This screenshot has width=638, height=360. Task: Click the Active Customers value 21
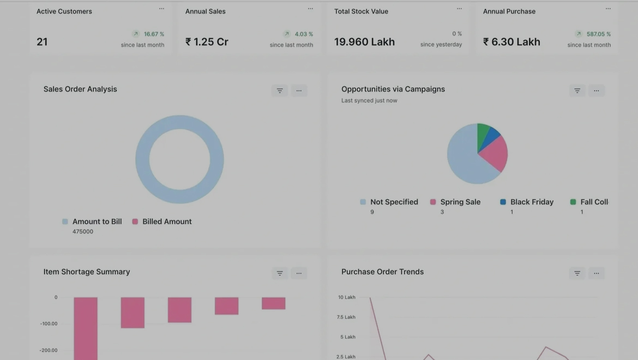point(42,42)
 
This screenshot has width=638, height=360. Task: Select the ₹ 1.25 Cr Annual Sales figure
point(207,42)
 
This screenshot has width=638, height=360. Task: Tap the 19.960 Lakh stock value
point(364,42)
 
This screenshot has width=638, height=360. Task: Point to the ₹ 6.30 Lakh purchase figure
point(511,42)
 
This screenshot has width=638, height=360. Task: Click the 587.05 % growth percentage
point(598,34)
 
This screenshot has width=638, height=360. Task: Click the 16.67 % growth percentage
point(154,34)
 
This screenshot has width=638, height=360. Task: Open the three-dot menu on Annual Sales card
point(310,9)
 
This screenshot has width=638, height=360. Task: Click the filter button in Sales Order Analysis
point(280,91)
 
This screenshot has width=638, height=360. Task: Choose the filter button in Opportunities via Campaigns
point(577,91)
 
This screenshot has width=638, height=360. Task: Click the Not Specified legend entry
point(394,202)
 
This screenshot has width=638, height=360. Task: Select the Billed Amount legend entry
point(167,221)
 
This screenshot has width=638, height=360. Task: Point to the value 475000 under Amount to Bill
point(83,232)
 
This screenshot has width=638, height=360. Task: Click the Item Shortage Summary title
point(87,272)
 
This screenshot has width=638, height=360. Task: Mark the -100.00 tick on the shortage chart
point(49,324)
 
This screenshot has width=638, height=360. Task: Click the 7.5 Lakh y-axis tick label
point(346,317)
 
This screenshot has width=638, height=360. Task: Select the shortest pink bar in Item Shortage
point(273,303)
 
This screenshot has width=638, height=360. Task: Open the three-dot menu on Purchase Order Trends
point(597,273)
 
